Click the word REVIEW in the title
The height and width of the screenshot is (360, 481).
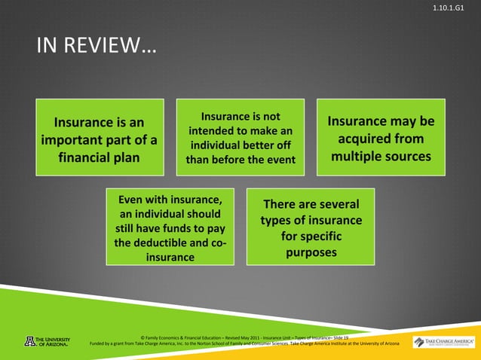[x=106, y=47]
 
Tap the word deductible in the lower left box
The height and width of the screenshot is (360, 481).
[x=164, y=243]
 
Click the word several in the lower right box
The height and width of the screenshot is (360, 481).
[x=333, y=205]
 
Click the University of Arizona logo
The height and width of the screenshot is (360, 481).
[x=46, y=341]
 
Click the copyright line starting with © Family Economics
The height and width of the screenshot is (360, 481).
[x=244, y=337]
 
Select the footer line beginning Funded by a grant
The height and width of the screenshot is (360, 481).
[x=244, y=344]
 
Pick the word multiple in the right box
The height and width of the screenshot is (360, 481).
[x=356, y=157]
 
